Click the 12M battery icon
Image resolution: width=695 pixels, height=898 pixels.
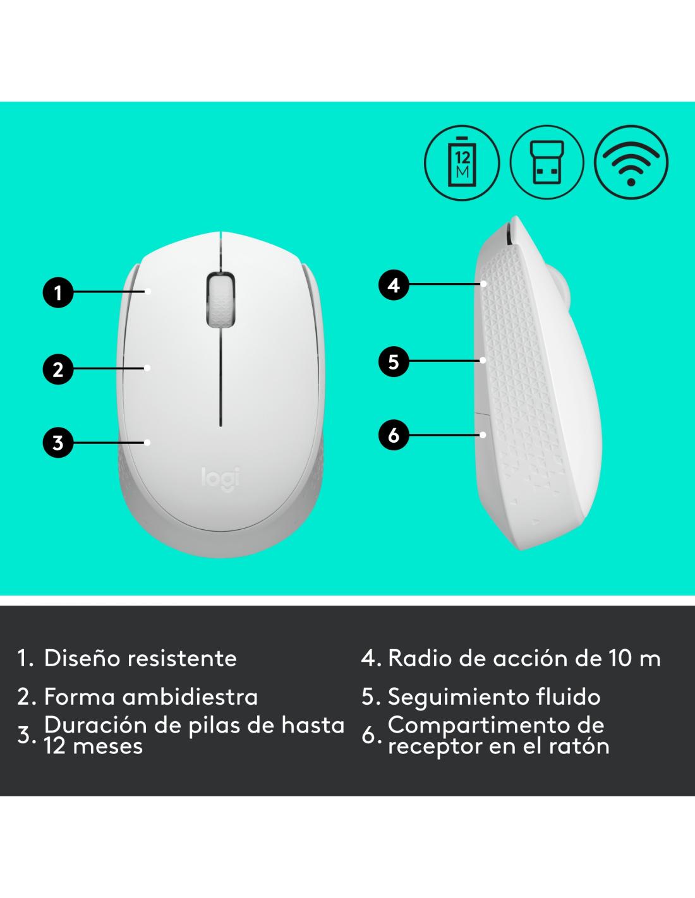click(462, 162)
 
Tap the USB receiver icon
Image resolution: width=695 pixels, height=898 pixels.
click(547, 162)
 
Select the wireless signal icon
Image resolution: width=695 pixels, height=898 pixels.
click(631, 162)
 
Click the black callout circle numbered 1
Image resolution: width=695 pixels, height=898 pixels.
click(58, 292)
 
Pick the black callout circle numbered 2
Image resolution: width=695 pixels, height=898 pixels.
click(58, 369)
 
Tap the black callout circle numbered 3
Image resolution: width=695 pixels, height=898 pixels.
click(58, 443)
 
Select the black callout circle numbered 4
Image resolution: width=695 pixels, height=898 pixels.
click(394, 285)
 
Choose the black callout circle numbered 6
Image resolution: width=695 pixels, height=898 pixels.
click(394, 434)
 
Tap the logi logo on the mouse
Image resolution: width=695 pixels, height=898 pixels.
click(221, 479)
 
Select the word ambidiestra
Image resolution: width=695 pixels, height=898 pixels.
click(190, 697)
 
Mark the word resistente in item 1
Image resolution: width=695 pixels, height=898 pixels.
click(182, 658)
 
